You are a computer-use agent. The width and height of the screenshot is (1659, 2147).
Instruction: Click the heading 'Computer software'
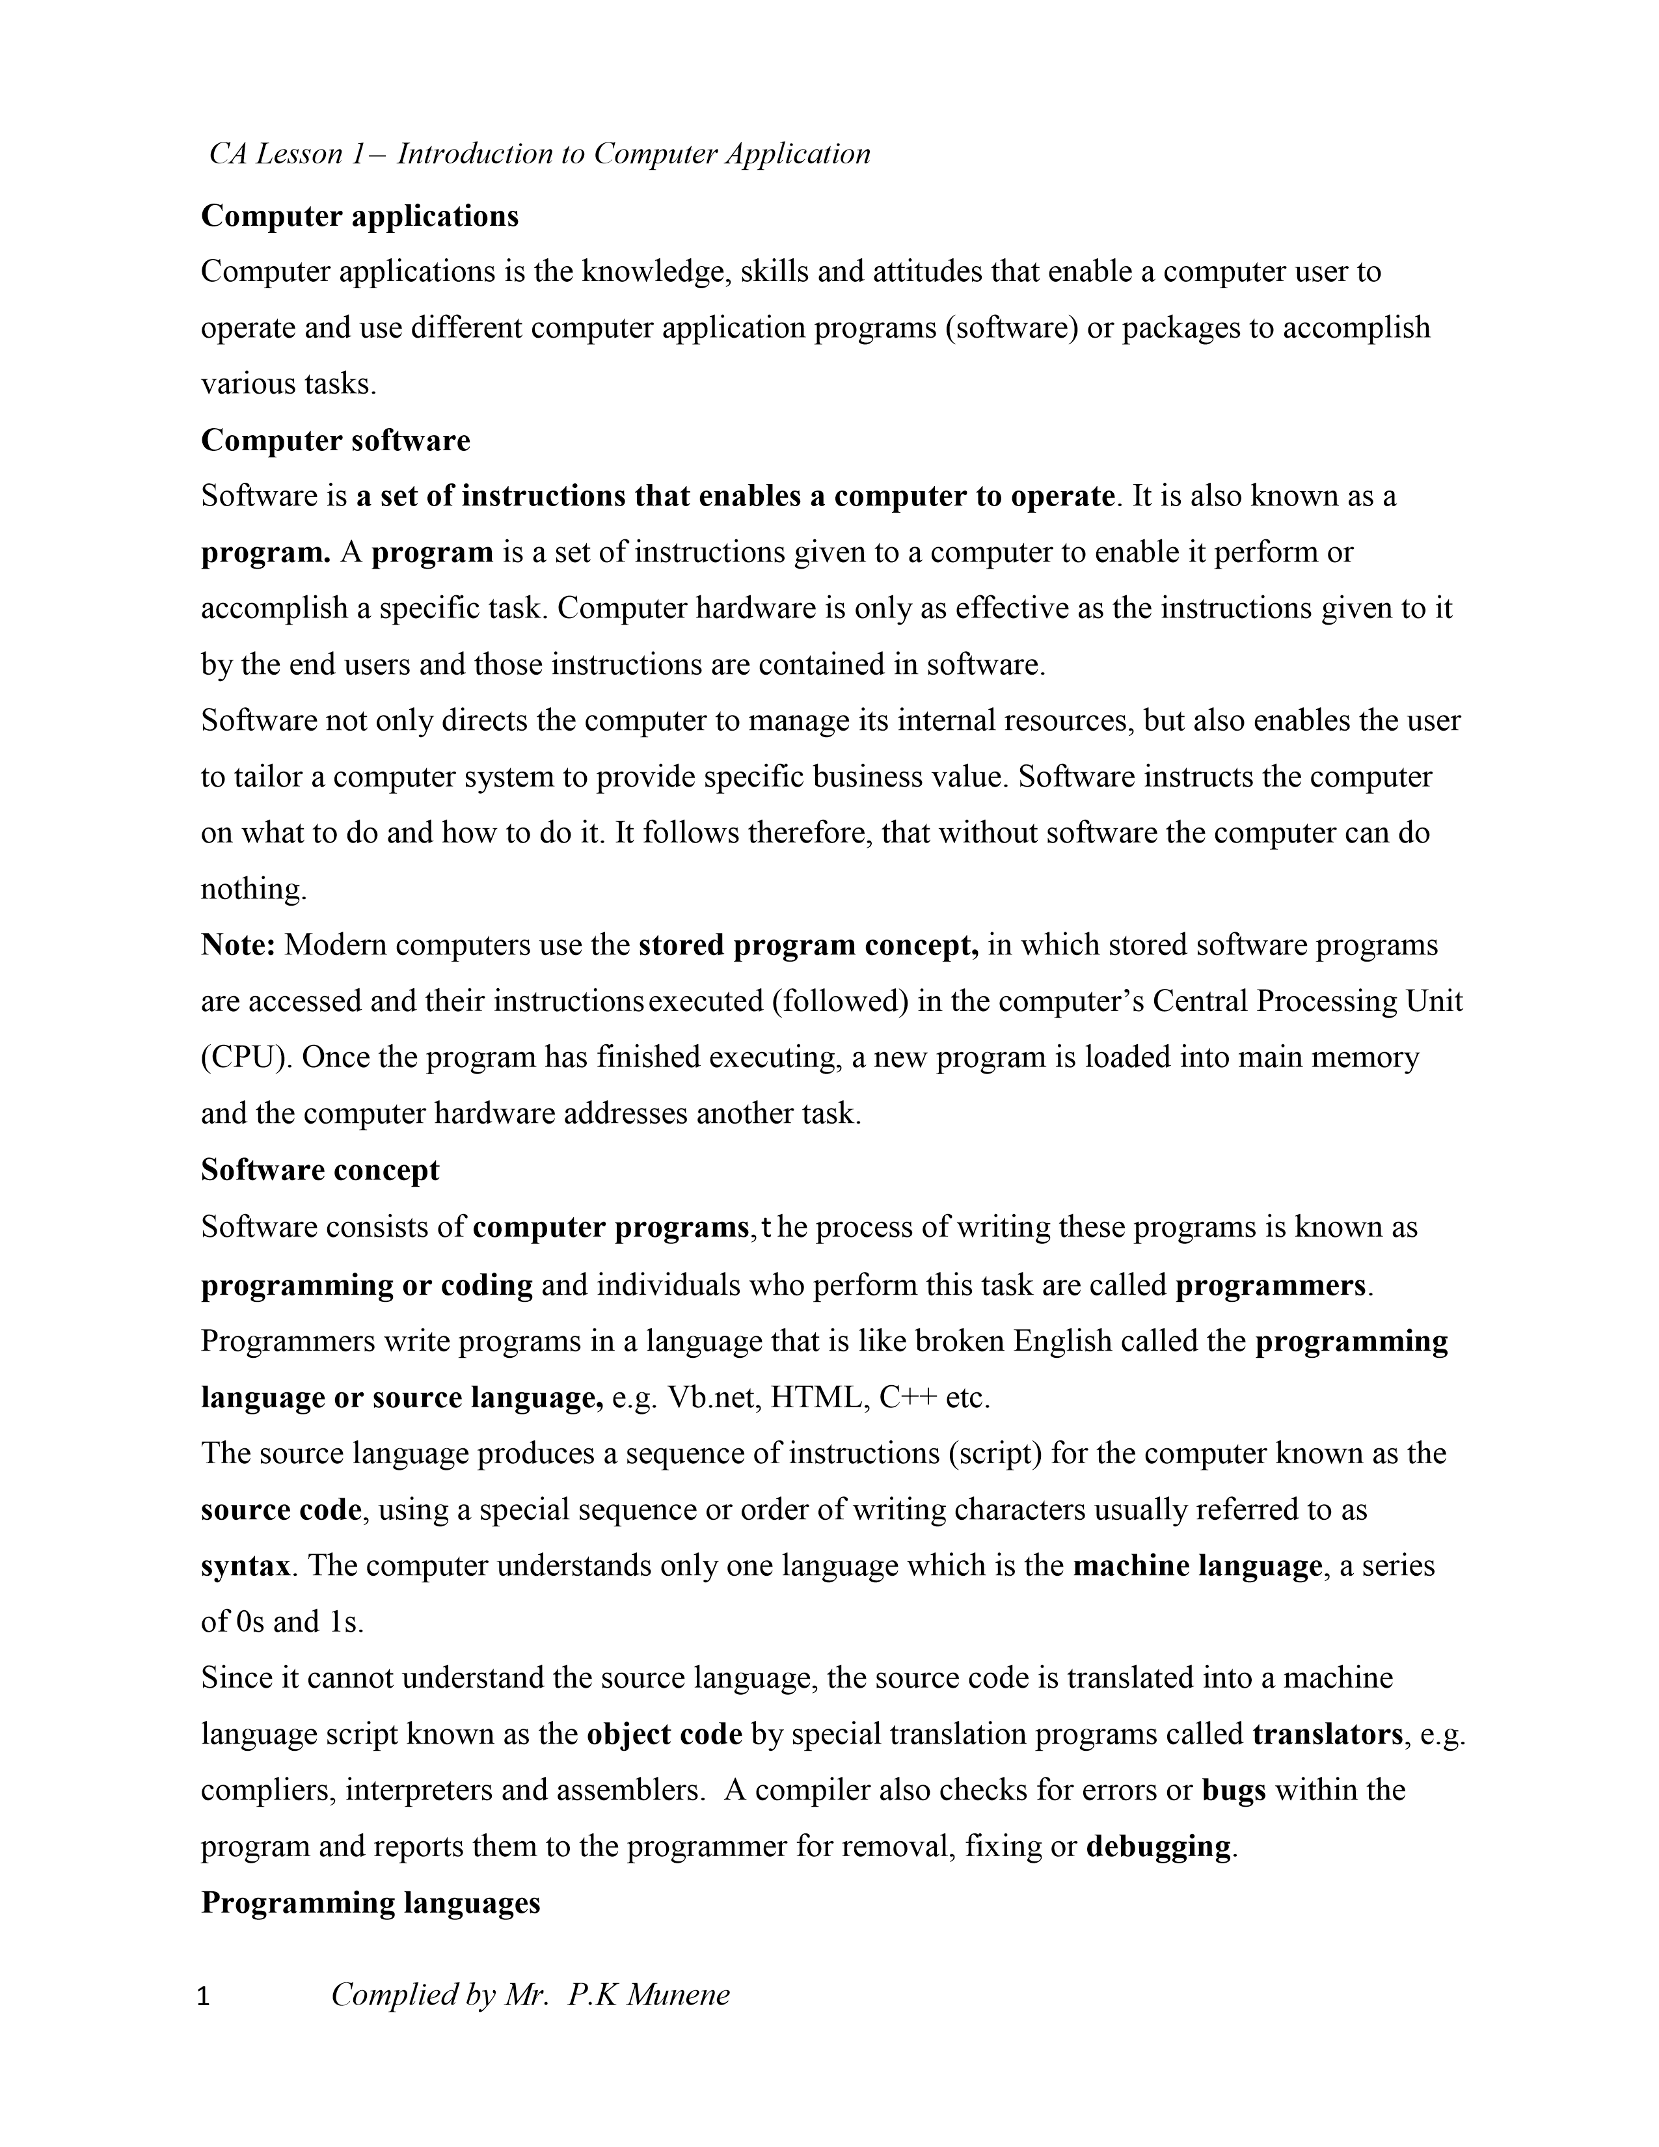pyautogui.click(x=335, y=440)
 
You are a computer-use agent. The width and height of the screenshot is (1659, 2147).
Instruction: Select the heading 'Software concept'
pyautogui.click(x=319, y=1170)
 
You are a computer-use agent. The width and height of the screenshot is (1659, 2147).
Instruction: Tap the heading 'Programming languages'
pyautogui.click(x=371, y=1902)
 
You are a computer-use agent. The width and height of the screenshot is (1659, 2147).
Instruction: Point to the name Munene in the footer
pyautogui.click(x=678, y=1995)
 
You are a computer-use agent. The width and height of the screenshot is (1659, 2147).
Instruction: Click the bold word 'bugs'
pyautogui.click(x=1234, y=1790)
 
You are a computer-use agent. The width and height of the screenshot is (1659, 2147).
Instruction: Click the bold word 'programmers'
pyautogui.click(x=1270, y=1285)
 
